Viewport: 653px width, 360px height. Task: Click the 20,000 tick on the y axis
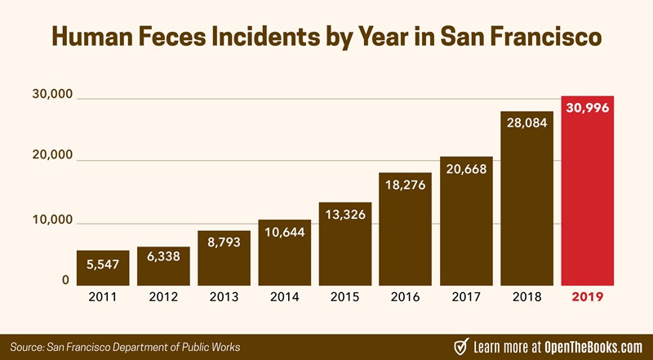[x=51, y=155]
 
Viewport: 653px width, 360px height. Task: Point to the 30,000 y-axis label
[x=51, y=96]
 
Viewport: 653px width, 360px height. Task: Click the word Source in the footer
[x=27, y=346]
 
